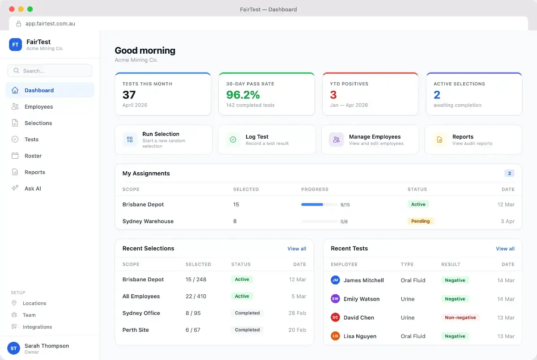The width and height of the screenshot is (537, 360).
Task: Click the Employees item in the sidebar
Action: click(x=38, y=106)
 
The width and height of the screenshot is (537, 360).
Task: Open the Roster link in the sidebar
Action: click(x=33, y=156)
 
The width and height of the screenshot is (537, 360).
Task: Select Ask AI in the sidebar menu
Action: click(x=33, y=189)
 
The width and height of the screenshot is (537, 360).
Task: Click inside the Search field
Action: click(x=50, y=71)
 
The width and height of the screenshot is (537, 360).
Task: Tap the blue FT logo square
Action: click(x=15, y=45)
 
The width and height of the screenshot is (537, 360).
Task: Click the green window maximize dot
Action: click(x=30, y=9)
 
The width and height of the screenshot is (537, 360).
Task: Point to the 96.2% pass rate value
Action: click(x=243, y=95)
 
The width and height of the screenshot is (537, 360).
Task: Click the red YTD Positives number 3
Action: click(x=333, y=95)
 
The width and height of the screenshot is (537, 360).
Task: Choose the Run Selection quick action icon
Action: click(x=130, y=140)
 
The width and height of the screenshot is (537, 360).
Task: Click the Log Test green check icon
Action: click(x=233, y=140)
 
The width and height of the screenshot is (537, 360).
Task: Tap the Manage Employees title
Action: click(x=375, y=136)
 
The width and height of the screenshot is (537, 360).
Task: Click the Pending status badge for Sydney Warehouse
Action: click(x=420, y=221)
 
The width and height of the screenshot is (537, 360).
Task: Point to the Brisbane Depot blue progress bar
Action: click(x=312, y=204)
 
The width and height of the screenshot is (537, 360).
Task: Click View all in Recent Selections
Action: click(x=297, y=249)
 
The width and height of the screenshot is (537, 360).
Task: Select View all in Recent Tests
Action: click(x=505, y=249)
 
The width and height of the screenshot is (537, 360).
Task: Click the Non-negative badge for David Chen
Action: click(x=460, y=318)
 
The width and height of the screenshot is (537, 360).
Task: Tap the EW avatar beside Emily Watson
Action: click(x=335, y=299)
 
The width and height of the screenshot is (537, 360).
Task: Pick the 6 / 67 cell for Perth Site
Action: click(x=193, y=330)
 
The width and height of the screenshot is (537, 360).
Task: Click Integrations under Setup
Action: click(x=37, y=327)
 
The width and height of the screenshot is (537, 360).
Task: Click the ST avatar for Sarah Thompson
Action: click(x=14, y=348)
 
